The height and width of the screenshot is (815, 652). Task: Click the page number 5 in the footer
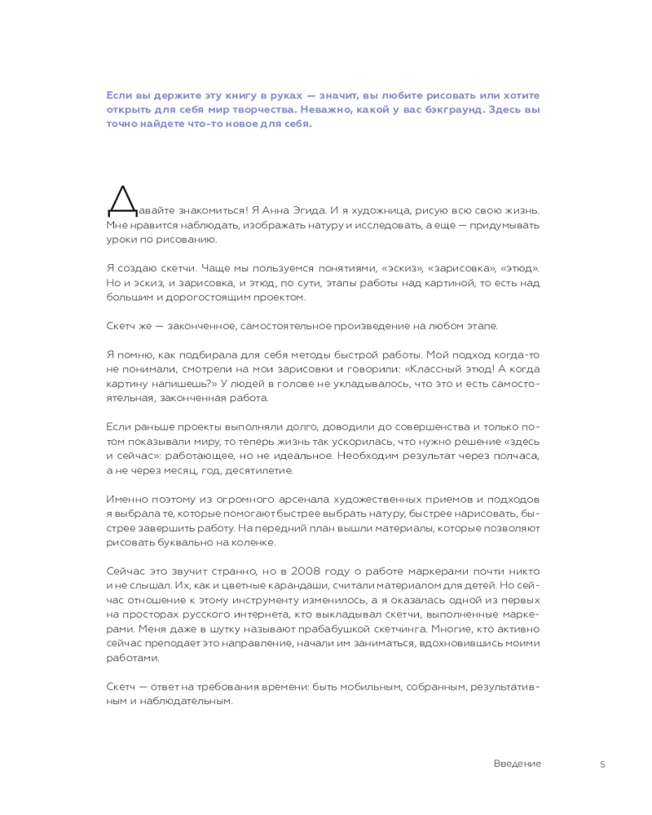pos(602,764)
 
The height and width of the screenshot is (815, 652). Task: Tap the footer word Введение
pos(517,764)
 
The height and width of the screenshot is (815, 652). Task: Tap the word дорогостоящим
pos(199,297)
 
